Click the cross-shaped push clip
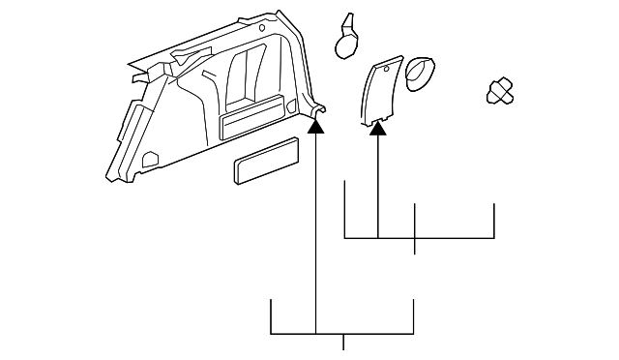tap(500, 91)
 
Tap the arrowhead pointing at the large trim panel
tap(316, 124)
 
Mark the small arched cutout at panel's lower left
tap(150, 158)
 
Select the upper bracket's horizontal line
tap(419, 237)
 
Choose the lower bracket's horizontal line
tap(342, 334)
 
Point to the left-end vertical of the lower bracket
tap(271, 316)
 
